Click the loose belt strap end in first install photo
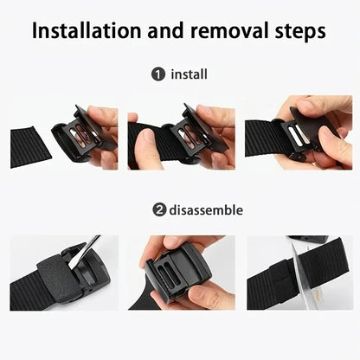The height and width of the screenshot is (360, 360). [x=31, y=142]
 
